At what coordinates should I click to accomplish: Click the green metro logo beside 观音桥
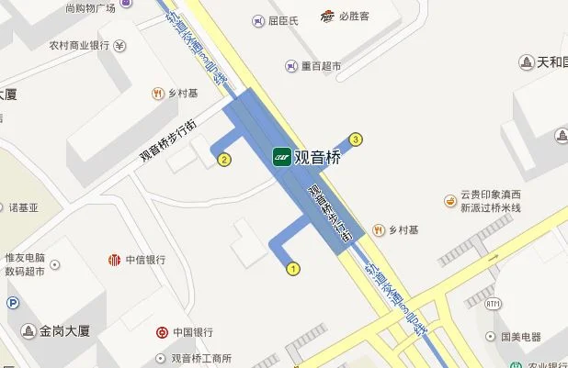pos(281,157)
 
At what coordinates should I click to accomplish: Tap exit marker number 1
pos(294,269)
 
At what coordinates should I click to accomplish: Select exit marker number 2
pos(223,160)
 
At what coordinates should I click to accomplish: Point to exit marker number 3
pos(357,139)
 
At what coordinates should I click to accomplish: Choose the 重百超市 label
pos(321,66)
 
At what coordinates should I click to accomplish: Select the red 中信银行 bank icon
pos(114,260)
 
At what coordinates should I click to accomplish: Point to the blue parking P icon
pos(11,304)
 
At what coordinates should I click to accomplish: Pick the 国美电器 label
pos(526,337)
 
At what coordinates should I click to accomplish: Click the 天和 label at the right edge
pos(551,62)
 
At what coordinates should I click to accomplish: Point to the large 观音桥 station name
pos(318,157)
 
